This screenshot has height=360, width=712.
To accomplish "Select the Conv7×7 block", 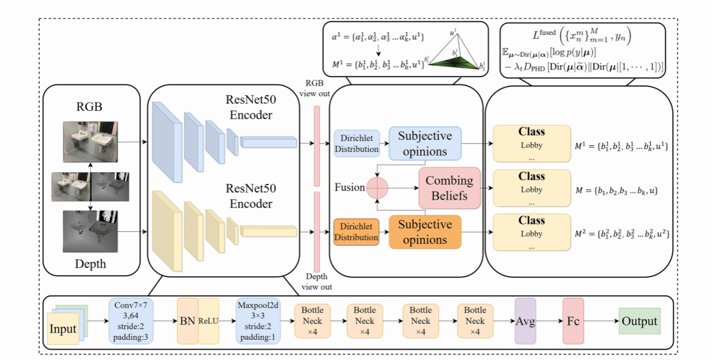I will point(130,321).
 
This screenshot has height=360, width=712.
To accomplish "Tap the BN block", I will point(187,321).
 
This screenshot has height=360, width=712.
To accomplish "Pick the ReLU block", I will point(208,321).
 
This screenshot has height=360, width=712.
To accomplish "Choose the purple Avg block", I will point(525,321).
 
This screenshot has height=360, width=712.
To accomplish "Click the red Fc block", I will point(573,321).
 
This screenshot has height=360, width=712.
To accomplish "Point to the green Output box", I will point(639,321).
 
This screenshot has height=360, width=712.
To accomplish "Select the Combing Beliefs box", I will point(449,188).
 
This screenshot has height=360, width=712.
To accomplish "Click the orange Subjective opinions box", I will point(425,232).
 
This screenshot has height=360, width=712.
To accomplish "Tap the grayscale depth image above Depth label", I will point(92,231).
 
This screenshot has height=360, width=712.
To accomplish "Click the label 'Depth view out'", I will point(317,282).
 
